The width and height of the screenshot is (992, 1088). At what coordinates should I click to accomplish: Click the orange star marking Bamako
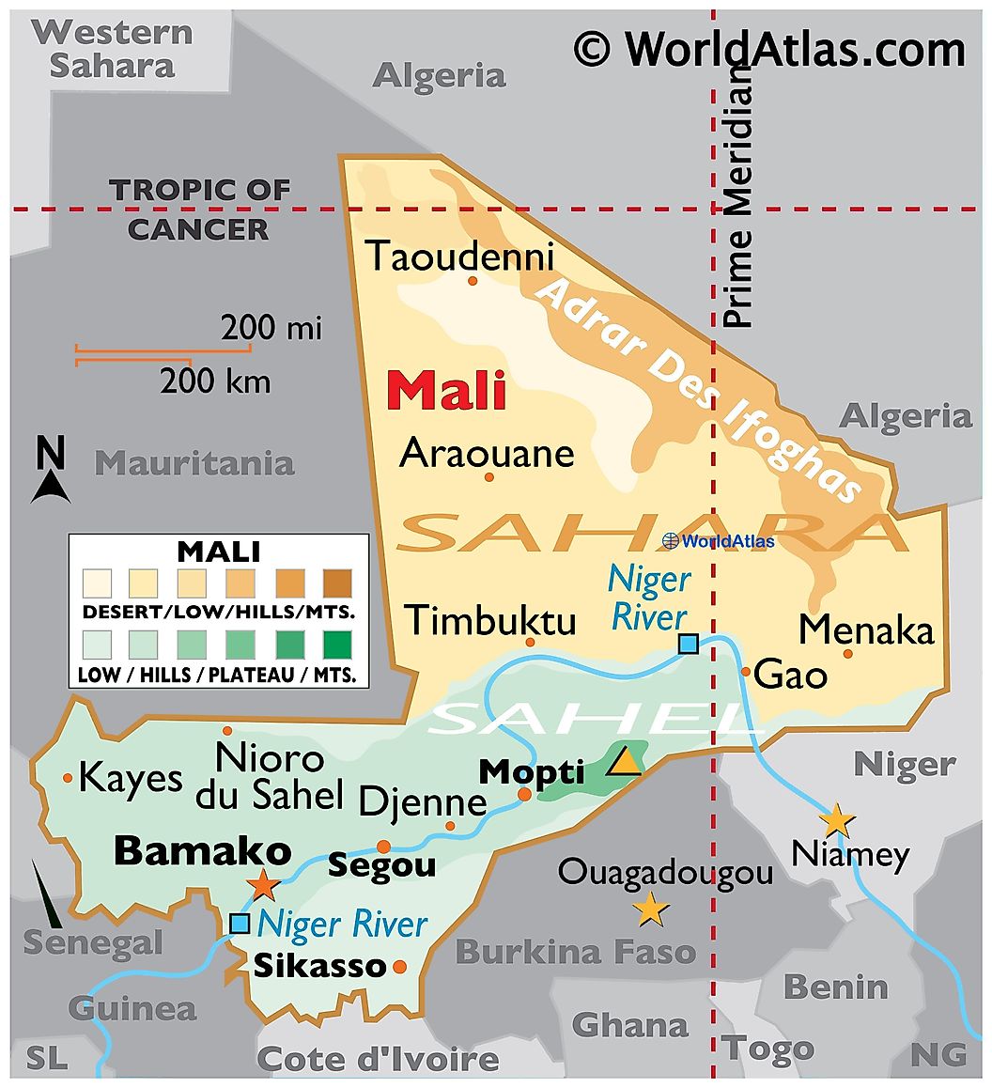(263, 884)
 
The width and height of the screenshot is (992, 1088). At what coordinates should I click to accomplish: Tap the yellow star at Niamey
(836, 820)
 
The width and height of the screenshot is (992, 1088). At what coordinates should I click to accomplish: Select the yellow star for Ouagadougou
(650, 909)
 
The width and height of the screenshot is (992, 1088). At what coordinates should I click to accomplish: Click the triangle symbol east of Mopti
(624, 761)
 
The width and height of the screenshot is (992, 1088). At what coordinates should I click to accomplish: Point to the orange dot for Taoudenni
(473, 280)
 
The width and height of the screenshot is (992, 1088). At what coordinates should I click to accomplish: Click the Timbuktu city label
(490, 620)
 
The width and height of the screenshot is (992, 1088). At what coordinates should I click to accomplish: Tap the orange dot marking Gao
(746, 671)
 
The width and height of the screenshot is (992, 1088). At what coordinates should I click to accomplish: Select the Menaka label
(866, 629)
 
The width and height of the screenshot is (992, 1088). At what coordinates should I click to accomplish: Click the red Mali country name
(446, 391)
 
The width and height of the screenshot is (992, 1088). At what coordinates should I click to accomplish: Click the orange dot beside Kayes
(68, 778)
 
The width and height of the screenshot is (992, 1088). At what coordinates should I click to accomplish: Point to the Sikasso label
(319, 965)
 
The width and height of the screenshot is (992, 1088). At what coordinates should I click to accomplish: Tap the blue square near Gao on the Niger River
(689, 644)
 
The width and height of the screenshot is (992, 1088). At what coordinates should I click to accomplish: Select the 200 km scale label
(215, 381)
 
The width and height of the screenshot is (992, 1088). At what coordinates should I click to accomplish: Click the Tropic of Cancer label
(199, 209)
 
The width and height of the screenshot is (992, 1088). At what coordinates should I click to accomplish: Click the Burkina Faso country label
(576, 951)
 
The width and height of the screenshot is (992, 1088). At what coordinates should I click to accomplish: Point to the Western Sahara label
(113, 49)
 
